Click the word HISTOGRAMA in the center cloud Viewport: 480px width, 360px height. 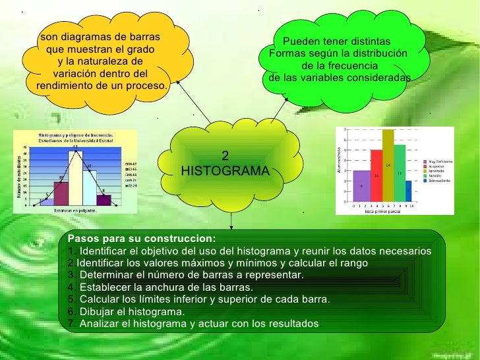[225, 171]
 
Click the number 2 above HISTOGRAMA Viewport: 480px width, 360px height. [225, 156]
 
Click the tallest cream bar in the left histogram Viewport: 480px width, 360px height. [76, 178]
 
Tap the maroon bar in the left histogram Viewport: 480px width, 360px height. [61, 193]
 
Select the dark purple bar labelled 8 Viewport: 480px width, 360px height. [104, 200]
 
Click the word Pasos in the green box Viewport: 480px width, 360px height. [82, 239]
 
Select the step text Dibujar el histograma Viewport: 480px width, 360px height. [131, 312]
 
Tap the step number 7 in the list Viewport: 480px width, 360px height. [71, 324]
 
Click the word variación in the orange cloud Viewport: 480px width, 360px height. [75, 73]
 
